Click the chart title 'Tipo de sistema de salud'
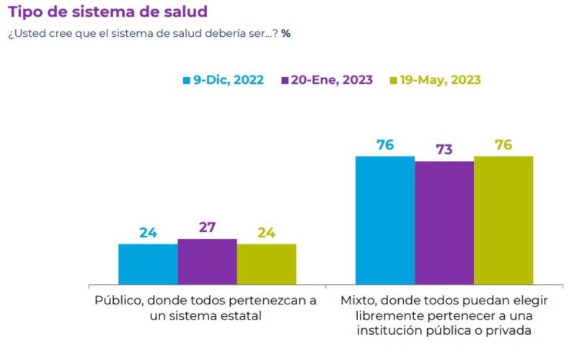pyautogui.click(x=107, y=12)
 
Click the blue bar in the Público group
pyautogui.click(x=148, y=264)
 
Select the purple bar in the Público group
pyautogui.click(x=207, y=261)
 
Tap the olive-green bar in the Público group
pyautogui.click(x=266, y=264)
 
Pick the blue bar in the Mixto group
pyautogui.click(x=385, y=220)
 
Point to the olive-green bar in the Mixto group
pyautogui.click(x=503, y=220)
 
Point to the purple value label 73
pyautogui.click(x=444, y=150)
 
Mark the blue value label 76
pyautogui.click(x=385, y=145)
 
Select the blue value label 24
pyautogui.click(x=148, y=233)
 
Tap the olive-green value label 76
pyautogui.click(x=503, y=145)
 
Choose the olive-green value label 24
pyautogui.click(x=266, y=233)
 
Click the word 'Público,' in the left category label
pyautogui.click(x=118, y=301)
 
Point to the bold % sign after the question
pyautogui.click(x=286, y=33)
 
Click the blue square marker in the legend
pyautogui.click(x=185, y=80)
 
